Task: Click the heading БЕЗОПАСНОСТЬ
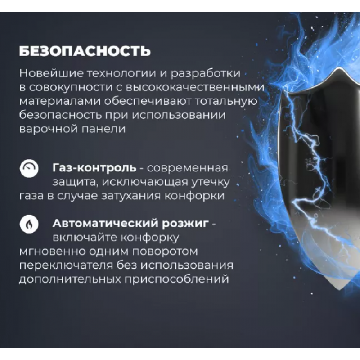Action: (85, 51)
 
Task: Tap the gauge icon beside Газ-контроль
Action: (29, 168)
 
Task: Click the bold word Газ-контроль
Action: (94, 168)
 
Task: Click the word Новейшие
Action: (51, 73)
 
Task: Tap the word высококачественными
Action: (195, 87)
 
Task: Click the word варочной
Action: (48, 129)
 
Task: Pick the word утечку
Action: (209, 182)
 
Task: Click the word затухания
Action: (131, 196)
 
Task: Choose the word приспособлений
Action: (176, 279)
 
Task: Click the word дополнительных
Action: (70, 279)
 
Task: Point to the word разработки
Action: (206, 74)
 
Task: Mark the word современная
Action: (187, 168)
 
